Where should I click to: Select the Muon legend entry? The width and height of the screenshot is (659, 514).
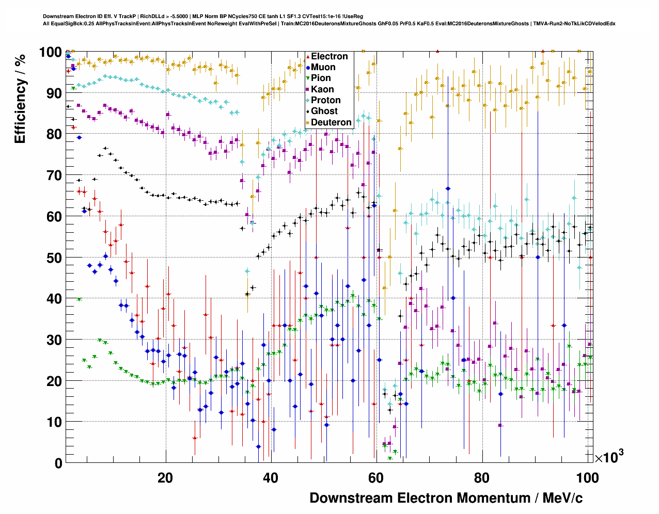323,67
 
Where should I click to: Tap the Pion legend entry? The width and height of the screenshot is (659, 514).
321,78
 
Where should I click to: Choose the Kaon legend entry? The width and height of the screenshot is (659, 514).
322,89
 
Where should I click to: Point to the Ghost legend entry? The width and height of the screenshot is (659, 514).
324,111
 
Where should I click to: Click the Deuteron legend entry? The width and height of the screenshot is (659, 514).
331,122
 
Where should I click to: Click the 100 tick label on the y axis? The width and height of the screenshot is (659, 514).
51,52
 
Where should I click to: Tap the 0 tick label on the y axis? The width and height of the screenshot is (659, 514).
58,463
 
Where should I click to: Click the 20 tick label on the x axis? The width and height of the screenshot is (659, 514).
165,477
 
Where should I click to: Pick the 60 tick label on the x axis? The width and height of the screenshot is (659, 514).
376,477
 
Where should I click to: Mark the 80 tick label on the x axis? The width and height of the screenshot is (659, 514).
481,477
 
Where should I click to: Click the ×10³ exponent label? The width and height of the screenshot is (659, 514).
609,457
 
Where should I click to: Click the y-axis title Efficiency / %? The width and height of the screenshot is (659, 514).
20,98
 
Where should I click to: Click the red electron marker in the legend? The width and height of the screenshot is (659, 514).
308,56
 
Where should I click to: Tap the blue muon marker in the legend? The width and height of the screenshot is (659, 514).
308,67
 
